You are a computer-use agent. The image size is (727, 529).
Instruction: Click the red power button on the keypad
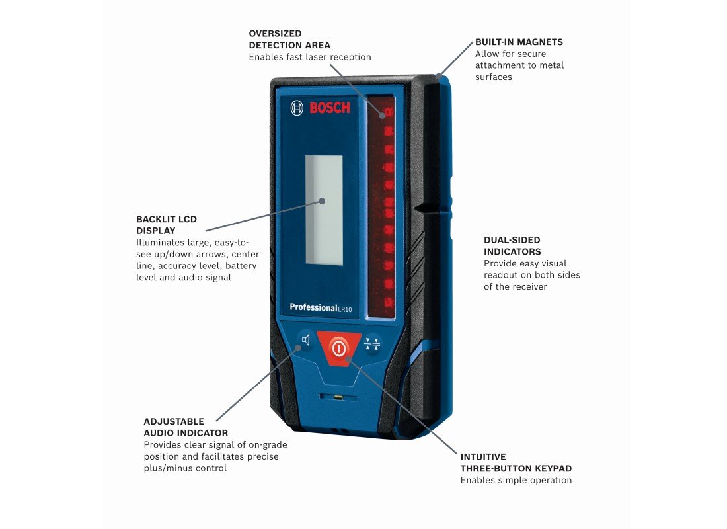339,347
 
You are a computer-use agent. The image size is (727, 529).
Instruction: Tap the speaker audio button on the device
305,341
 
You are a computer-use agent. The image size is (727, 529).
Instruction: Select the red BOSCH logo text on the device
330,108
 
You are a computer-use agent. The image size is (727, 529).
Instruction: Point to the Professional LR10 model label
321,307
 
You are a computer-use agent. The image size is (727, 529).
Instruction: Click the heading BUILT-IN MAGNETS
519,42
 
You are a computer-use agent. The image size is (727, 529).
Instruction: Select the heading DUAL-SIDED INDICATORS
512,246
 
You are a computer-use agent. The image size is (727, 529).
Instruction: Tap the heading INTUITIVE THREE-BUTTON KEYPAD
516,462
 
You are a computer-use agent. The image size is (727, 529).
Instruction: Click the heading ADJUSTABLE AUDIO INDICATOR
186,427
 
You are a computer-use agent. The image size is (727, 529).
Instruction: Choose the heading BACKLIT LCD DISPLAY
167,225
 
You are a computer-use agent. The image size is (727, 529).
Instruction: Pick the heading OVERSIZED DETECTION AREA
289,39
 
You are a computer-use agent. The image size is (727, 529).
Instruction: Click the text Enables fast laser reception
310,57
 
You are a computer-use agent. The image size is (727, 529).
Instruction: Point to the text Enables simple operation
516,480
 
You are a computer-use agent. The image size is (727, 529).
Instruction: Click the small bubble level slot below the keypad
338,398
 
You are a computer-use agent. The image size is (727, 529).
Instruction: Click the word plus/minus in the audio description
171,468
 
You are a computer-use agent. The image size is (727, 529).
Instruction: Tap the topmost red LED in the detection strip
383,113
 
